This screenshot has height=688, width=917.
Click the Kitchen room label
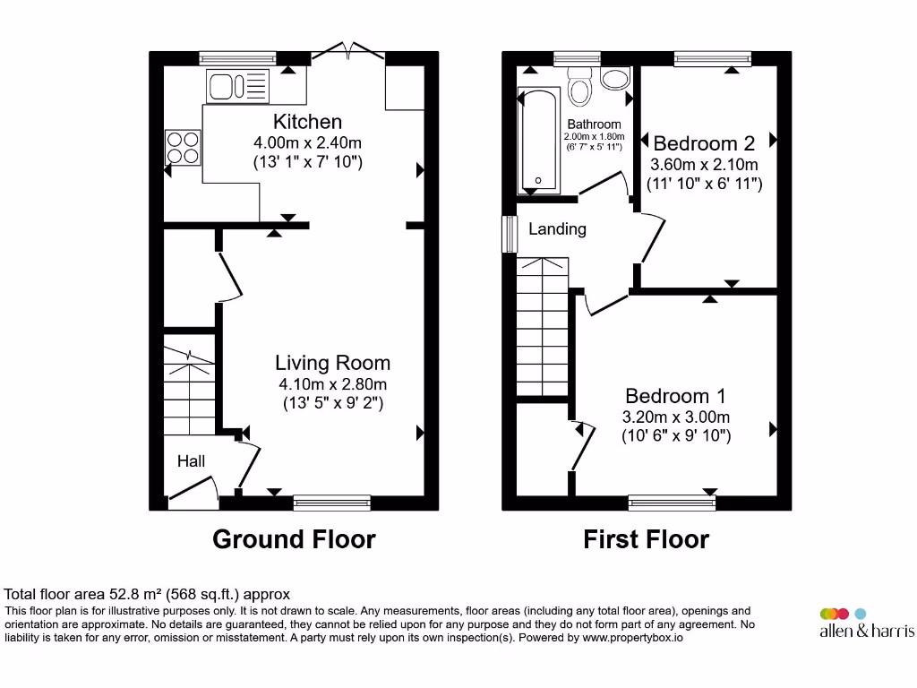click(307, 122)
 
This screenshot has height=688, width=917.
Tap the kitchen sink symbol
click(237, 87)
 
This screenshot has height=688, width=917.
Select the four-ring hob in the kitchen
click(183, 147)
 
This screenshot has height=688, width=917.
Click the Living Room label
click(332, 363)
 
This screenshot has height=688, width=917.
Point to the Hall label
click(191, 461)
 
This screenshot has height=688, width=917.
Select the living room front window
click(331, 503)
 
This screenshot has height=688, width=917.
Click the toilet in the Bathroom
click(581, 89)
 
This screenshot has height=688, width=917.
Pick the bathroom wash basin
click(615, 79)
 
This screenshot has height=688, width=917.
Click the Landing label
click(557, 229)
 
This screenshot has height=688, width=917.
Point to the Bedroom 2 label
click(704, 143)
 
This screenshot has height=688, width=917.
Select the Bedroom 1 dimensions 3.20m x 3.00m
click(676, 417)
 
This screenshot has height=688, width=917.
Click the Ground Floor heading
click(294, 539)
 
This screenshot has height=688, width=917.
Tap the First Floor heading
click(646, 539)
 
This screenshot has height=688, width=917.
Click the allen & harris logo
click(866, 623)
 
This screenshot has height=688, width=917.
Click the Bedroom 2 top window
click(713, 58)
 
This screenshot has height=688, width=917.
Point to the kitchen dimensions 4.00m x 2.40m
click(307, 143)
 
